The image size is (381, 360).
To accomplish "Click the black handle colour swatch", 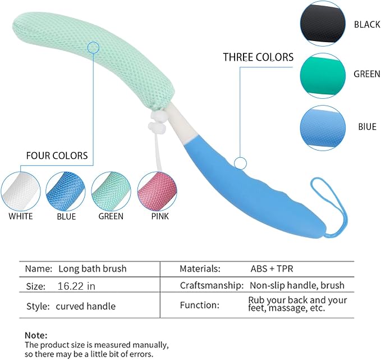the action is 323,24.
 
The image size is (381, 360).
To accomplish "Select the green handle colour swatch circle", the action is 323,76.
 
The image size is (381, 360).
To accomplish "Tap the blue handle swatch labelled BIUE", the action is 323,128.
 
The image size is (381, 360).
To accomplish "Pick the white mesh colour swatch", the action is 21,191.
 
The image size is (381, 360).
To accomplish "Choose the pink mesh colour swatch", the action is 157,191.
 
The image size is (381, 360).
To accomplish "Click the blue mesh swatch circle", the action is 66,191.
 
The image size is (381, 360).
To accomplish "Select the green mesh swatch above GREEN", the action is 111,191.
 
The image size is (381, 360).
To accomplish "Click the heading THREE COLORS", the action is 258,57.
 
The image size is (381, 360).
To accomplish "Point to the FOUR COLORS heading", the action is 57,156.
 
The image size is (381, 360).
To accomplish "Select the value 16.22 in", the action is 76,286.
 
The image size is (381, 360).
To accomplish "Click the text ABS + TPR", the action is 272,269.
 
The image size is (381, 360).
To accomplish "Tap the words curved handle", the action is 86,306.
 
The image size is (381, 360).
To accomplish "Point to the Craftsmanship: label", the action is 212,285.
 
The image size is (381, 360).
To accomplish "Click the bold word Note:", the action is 36,335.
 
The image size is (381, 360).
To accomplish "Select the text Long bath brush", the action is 93,269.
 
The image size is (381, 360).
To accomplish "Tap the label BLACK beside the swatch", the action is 367,25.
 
